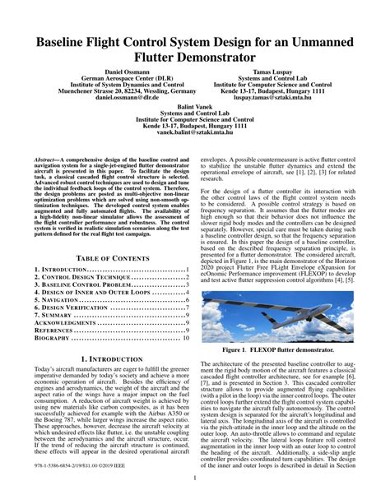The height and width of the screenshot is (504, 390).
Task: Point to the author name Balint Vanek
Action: pos(196,106)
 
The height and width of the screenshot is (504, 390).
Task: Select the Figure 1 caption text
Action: pos(278,349)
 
